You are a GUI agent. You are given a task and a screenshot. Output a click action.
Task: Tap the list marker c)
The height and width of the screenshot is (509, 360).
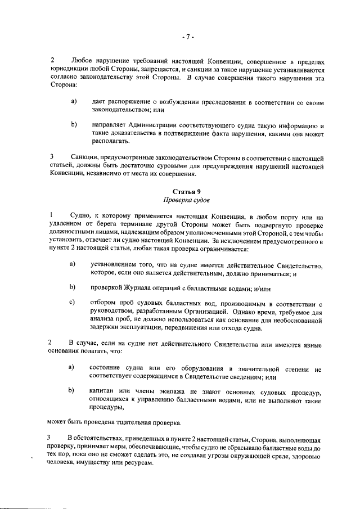click(72, 302)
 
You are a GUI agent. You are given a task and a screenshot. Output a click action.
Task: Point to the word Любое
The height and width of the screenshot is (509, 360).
click(83, 60)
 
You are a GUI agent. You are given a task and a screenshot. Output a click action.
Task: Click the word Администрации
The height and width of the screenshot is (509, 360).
click(155, 124)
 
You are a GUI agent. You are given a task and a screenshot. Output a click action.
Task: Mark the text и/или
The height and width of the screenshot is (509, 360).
click(261, 288)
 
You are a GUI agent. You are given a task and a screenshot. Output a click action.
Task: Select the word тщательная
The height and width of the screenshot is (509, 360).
click(138, 421)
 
